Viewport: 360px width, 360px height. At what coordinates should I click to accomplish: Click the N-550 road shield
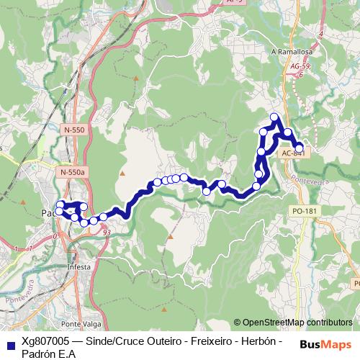[x=73, y=129]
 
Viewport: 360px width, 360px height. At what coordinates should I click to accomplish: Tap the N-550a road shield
[x=73, y=173]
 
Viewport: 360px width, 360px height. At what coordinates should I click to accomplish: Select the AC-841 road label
[x=292, y=153]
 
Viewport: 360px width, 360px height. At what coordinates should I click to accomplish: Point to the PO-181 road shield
[x=305, y=211]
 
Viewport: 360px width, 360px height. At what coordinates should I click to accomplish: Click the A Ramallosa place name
[x=290, y=52]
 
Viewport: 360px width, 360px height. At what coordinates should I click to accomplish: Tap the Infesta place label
[x=79, y=266]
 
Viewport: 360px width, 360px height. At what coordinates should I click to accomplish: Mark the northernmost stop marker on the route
[x=274, y=117]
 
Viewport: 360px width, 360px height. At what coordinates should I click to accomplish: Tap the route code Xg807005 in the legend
[x=46, y=341]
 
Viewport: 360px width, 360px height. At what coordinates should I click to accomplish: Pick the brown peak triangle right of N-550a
[x=122, y=173]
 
